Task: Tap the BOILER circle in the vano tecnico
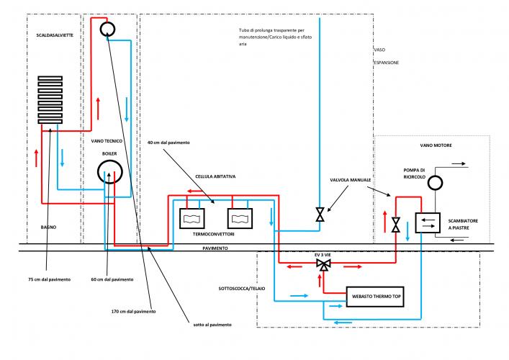[x=109, y=172]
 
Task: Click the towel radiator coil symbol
[x=51, y=101]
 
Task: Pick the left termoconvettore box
[x=192, y=217]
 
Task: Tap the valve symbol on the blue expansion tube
[x=320, y=215]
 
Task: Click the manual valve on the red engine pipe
[x=395, y=225]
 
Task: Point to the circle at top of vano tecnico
[x=108, y=29]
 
